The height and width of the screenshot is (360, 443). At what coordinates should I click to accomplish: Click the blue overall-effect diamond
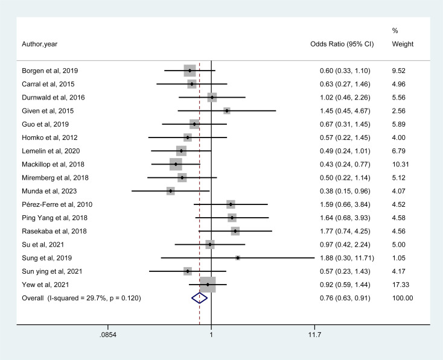199,297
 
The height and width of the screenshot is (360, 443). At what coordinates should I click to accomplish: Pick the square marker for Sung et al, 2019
238,257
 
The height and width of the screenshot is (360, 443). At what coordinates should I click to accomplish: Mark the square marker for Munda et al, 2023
171,191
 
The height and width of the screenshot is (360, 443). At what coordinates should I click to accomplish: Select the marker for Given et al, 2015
227,111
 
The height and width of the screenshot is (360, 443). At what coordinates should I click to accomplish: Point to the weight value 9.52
400,71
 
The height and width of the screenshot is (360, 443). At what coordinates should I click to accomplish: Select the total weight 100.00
403,298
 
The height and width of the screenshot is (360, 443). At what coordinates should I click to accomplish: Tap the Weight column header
403,44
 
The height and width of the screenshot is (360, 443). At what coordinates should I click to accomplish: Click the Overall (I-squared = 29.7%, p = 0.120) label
81,298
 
